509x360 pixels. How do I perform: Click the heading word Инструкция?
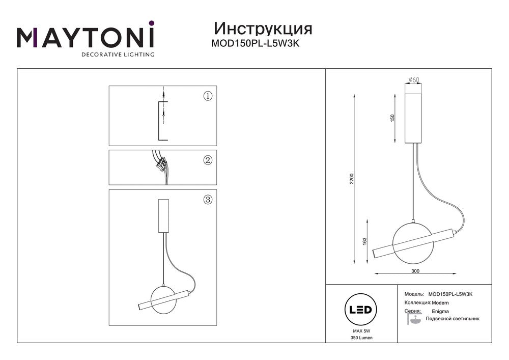coord(263,29)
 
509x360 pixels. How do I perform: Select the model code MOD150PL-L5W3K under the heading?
coord(255,43)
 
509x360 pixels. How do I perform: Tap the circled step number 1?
coord(208,96)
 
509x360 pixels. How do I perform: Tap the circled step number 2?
coord(208,160)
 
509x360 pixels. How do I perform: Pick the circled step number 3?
coord(208,199)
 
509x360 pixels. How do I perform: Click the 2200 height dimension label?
coord(352,179)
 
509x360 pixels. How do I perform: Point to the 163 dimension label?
coord(364,241)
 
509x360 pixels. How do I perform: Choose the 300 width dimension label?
coord(415,271)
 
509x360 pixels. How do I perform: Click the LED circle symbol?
coord(360,310)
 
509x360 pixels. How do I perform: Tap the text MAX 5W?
coord(361,331)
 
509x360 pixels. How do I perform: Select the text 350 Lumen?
coord(361,338)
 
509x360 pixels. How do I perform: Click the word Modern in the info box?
coord(440,303)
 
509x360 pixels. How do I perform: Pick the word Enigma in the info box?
coord(440,311)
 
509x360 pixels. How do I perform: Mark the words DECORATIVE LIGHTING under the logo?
coord(118,54)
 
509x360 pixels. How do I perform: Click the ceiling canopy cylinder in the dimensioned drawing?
coord(413,113)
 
